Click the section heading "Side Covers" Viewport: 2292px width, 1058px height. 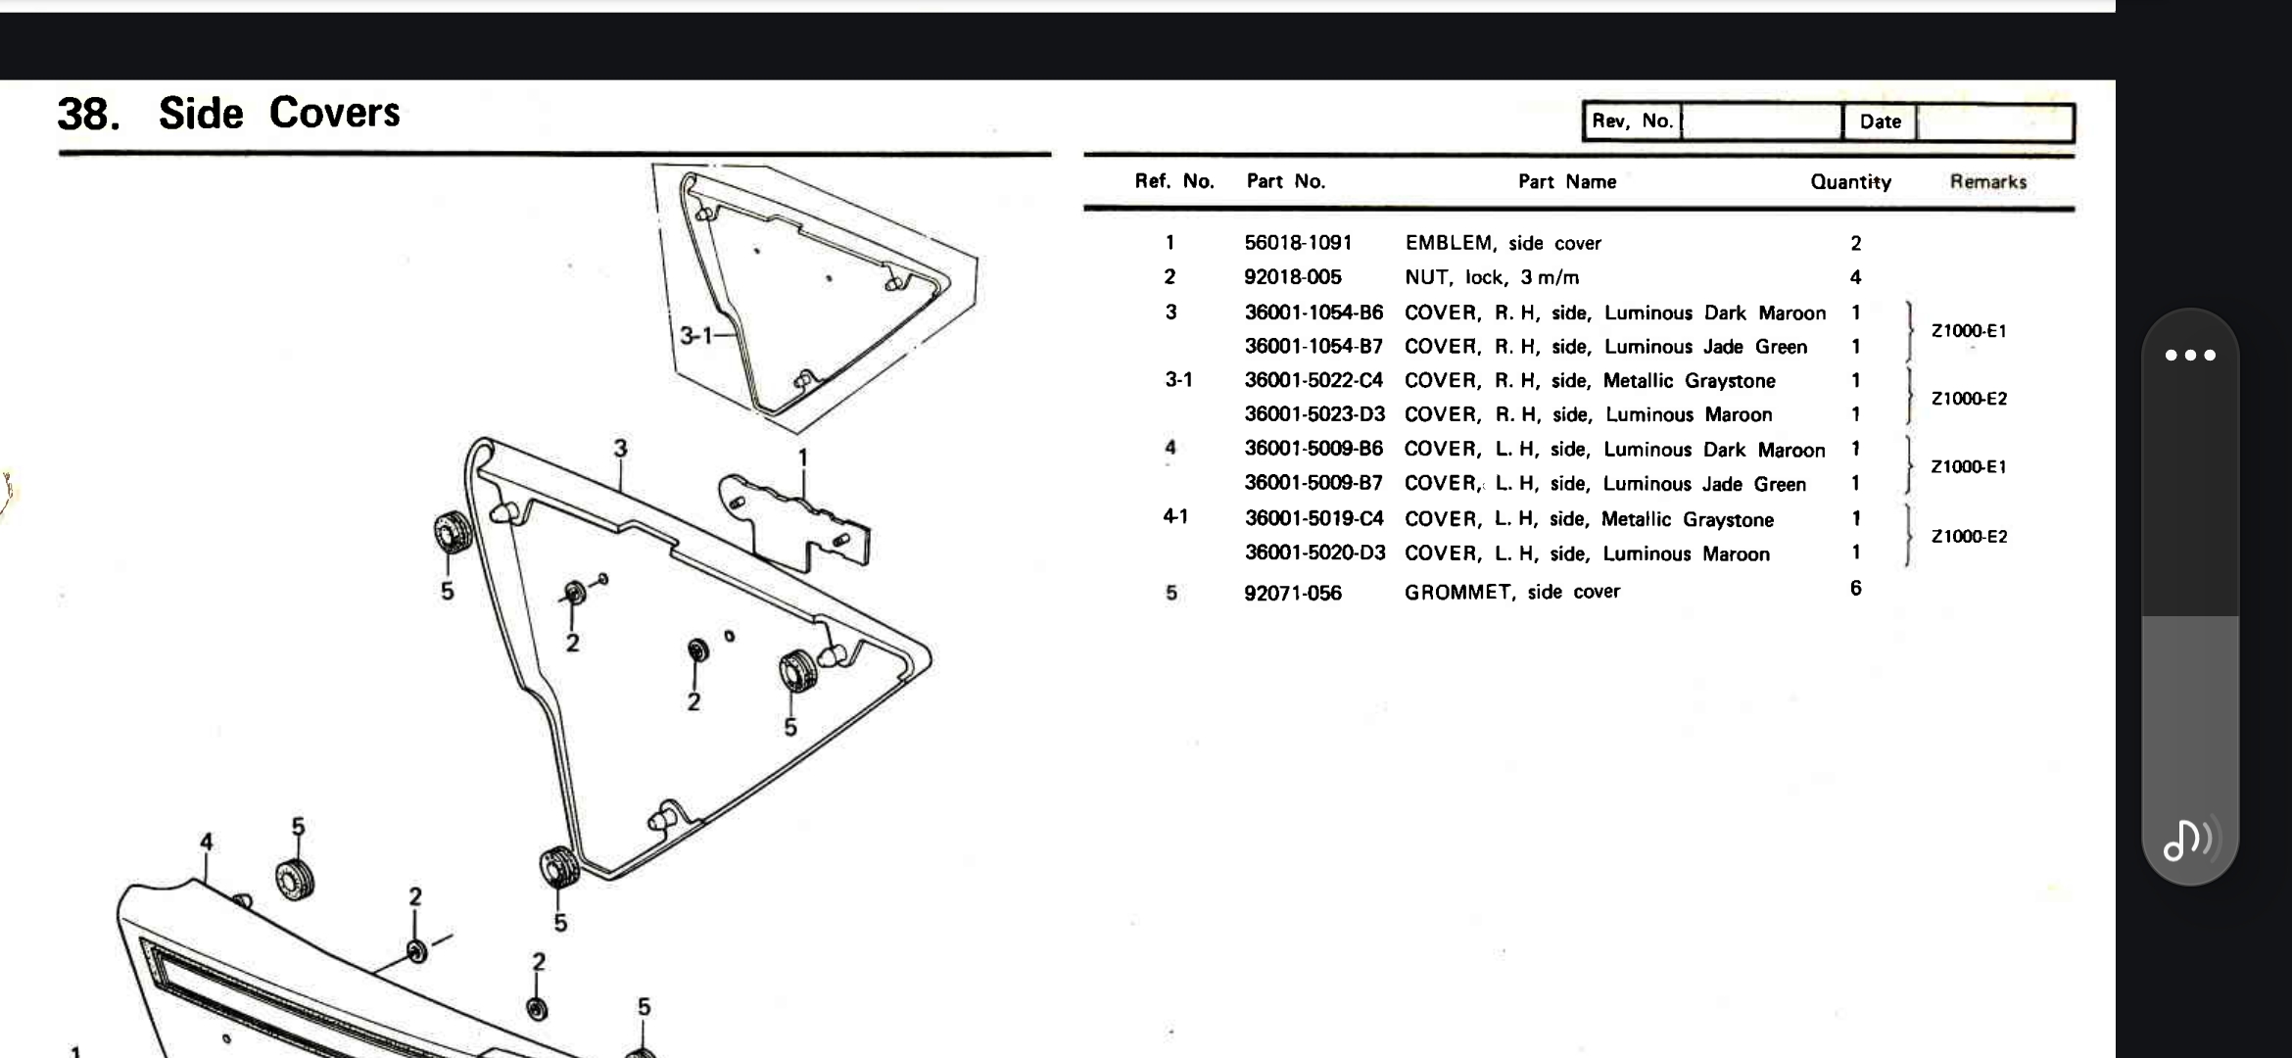coord(279,114)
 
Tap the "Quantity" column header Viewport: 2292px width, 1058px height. coord(1850,182)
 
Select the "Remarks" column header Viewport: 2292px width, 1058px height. coord(1987,182)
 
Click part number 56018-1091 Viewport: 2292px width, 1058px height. coord(1298,243)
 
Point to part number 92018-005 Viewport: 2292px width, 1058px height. coord(1292,277)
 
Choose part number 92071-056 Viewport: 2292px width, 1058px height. coord(1292,593)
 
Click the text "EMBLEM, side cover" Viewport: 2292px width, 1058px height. coord(1503,243)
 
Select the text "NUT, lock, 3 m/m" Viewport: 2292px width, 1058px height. coord(1491,277)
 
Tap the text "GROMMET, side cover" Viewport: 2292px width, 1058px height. coord(1511,592)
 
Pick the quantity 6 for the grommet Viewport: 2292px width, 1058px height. coord(1855,588)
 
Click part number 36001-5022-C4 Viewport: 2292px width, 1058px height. coord(1313,380)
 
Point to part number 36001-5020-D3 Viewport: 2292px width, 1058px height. coord(1314,553)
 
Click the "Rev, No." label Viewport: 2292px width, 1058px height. coord(1632,121)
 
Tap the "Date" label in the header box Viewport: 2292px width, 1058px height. coord(1880,121)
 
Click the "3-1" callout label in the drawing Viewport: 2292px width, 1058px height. coord(695,336)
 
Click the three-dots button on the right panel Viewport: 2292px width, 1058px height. coord(2190,355)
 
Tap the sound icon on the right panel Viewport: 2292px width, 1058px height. coord(2188,840)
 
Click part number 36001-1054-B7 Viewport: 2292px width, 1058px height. coord(1313,347)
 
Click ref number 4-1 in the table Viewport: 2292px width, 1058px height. coord(1175,516)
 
